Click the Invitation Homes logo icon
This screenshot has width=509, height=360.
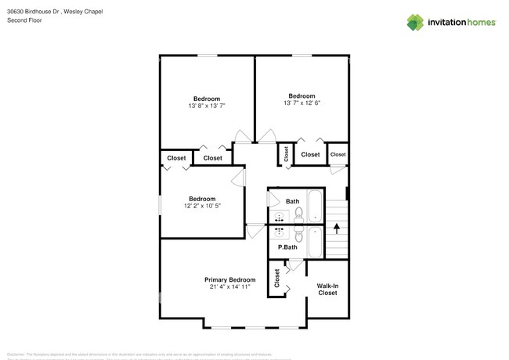[415, 22]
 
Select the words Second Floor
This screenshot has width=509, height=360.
[23, 21]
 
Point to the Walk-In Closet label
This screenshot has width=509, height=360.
[327, 289]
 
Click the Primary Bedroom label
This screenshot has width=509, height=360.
[229, 279]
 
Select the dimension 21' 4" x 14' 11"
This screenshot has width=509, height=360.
[229, 287]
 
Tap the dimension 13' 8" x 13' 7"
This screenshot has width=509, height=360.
[207, 106]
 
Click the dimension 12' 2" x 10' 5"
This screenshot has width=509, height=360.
[201, 206]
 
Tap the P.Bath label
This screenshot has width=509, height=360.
[288, 247]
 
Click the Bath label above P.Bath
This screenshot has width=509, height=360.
[292, 201]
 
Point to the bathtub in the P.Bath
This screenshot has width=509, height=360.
[314, 242]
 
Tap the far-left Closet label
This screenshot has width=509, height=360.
[176, 158]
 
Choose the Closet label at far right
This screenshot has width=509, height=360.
[338, 154]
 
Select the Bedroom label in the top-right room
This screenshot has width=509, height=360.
[301, 95]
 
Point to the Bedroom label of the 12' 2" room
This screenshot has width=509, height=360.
[201, 199]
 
